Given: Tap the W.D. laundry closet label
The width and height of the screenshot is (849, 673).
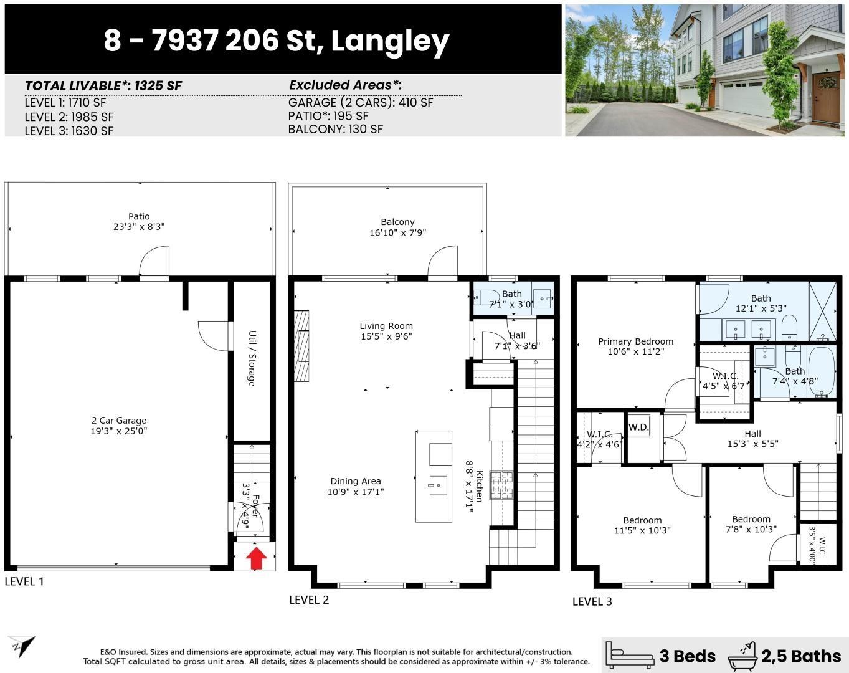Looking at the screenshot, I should (638, 427).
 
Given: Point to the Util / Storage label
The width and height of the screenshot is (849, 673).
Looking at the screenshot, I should (252, 358).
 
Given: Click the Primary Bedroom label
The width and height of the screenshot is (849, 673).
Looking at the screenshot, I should (635, 341).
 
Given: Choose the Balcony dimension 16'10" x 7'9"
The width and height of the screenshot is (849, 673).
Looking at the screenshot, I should (397, 232).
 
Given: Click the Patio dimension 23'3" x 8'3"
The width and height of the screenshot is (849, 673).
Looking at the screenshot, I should (139, 227).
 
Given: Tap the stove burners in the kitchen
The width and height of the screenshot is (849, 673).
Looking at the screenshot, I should (501, 485).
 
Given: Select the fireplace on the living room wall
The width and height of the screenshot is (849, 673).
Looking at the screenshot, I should (301, 346).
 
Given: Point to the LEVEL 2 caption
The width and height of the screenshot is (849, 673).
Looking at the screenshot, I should (309, 599).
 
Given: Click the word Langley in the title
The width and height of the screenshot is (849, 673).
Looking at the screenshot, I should (390, 41).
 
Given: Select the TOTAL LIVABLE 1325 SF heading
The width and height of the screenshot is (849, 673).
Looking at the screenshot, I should (103, 85).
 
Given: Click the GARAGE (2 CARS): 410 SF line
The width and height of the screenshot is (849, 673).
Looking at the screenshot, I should (360, 102).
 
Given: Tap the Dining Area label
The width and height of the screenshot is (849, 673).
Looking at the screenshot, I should (355, 481).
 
